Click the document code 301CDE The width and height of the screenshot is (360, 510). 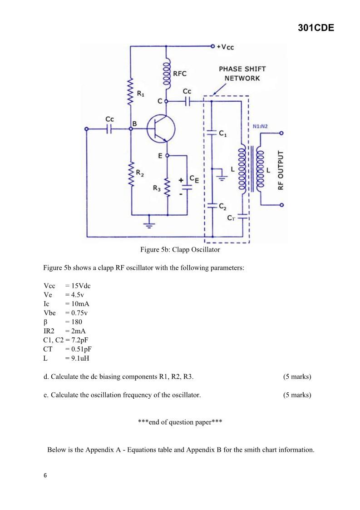click(x=316, y=28)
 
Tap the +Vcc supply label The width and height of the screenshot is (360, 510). click(x=228, y=47)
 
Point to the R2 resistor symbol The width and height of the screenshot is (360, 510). click(x=131, y=173)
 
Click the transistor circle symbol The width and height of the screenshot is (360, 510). click(x=161, y=129)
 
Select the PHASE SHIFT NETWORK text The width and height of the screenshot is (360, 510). click(x=242, y=74)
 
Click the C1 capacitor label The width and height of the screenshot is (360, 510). click(x=223, y=134)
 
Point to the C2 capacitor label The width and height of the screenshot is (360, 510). click(x=222, y=207)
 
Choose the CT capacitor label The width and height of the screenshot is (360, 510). click(x=232, y=218)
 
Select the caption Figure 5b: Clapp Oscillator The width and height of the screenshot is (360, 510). click(x=180, y=250)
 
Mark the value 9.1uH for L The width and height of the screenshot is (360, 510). click(x=81, y=358)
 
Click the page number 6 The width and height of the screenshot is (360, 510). click(x=45, y=475)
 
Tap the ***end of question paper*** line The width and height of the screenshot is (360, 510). click(x=180, y=422)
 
